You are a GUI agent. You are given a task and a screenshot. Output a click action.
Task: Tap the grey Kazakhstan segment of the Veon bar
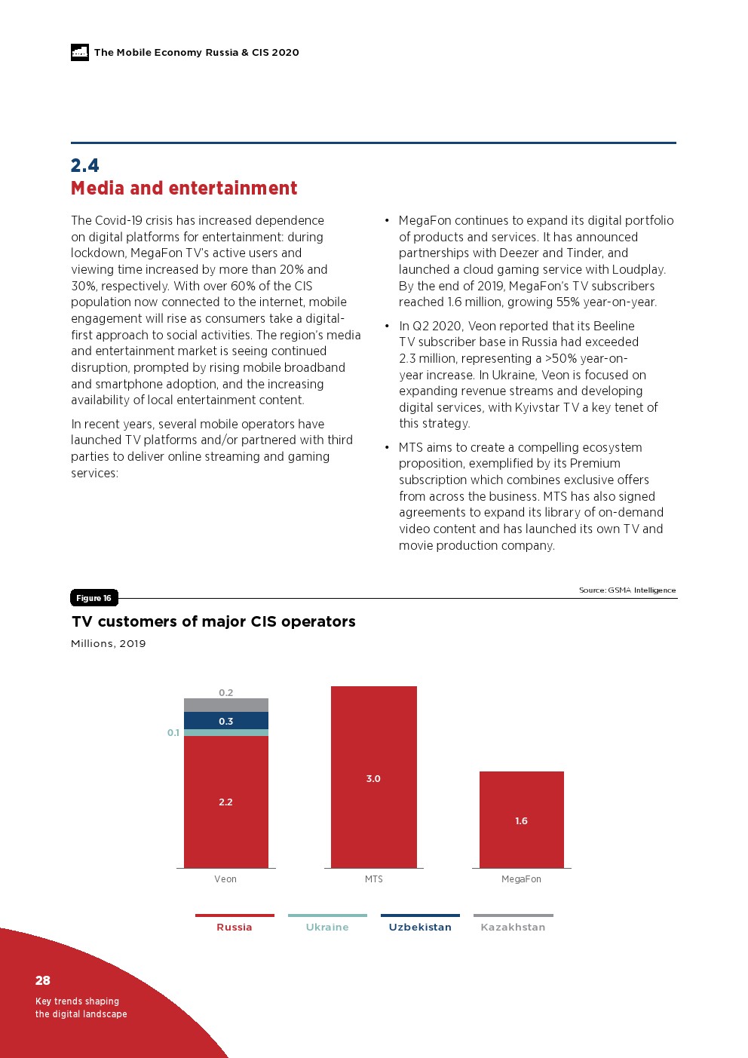tap(225, 705)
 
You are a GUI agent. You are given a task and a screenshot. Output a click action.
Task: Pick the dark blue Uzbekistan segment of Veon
tap(225, 721)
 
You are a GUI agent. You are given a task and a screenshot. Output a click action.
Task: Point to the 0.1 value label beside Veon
tap(173, 733)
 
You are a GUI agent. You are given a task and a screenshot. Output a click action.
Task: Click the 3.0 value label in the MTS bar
tap(373, 779)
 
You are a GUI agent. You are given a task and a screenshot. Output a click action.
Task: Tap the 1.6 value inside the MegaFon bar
tap(521, 821)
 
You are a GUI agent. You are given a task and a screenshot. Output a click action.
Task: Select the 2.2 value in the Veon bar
tap(225, 802)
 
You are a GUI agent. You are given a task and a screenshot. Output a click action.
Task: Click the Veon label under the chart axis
tap(225, 879)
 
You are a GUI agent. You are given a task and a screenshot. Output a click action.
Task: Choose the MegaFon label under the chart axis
tap(521, 879)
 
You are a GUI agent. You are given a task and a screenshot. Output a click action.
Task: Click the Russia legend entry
tap(235, 927)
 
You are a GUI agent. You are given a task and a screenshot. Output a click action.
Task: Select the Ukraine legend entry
tap(327, 927)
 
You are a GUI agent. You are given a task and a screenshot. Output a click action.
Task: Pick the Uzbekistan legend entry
tap(420, 927)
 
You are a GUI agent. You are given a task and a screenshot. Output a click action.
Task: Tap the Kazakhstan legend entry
tap(513, 927)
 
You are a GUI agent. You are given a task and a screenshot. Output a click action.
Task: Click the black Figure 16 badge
tap(93, 598)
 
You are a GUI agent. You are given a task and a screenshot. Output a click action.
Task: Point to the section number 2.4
tap(85, 165)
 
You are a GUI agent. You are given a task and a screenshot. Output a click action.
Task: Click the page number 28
tap(43, 980)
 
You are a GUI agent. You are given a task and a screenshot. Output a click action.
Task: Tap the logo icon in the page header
tap(80, 52)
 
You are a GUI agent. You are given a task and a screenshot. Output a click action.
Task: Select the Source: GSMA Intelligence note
tap(627, 590)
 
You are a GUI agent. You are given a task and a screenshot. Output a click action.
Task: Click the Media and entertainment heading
tap(184, 189)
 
